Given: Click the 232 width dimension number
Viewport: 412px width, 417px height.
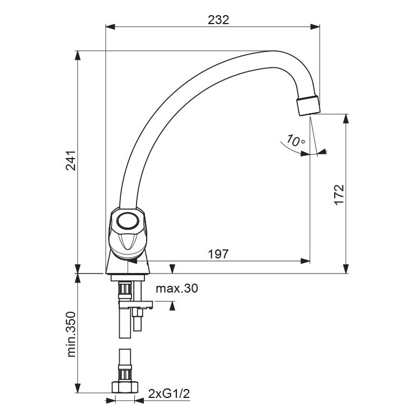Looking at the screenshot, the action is point(218,20).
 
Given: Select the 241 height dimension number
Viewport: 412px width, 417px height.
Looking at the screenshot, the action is point(71,161).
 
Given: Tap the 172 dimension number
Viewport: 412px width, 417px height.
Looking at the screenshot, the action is point(339,194).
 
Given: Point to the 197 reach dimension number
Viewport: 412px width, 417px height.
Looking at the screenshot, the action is point(218,254).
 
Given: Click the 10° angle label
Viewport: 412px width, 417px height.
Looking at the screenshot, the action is point(296,141).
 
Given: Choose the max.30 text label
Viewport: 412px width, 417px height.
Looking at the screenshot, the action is point(177,288).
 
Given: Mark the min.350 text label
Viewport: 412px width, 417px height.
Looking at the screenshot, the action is point(71,335).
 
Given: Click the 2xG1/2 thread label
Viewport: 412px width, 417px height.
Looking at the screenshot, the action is point(169,393).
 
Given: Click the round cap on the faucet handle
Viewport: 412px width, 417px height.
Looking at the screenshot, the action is point(128,220).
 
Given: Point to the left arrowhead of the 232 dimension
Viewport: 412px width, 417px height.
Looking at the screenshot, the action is point(110,26).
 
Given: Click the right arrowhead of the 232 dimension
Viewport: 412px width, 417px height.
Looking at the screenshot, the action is point(315,26).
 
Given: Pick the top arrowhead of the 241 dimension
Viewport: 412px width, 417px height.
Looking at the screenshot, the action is point(78,55).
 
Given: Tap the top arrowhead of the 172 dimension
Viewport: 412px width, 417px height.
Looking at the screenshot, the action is point(345,119).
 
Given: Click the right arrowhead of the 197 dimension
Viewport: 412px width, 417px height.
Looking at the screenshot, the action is point(305,261).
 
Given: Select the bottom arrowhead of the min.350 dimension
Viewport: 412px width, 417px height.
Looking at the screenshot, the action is point(78,388).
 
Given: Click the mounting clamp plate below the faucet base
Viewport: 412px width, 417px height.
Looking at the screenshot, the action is point(136,305).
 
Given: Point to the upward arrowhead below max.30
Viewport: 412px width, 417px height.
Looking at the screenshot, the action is point(172,306).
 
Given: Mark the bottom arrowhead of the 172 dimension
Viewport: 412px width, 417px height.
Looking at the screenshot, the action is point(345,268).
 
